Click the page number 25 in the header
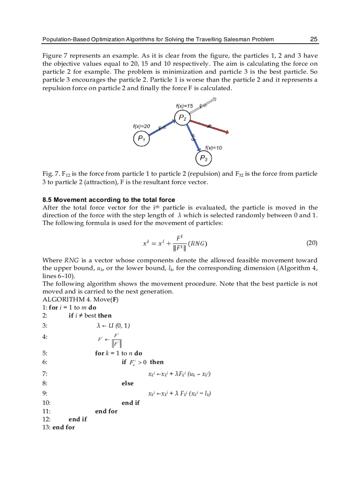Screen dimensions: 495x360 click(314, 39)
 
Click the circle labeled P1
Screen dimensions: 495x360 click(141, 138)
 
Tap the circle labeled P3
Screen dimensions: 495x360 click(203, 158)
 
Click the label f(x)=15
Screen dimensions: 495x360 click(184, 106)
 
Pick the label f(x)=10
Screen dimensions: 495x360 click(214, 148)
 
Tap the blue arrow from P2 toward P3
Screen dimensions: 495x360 click(191, 137)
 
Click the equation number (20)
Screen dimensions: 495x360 click(311, 243)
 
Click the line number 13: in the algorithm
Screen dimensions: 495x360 click(46, 427)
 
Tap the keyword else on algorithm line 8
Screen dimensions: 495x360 click(127, 383)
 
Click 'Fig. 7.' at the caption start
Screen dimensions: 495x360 click(50, 174)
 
